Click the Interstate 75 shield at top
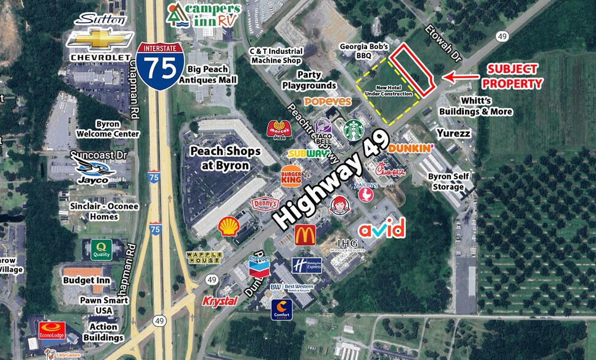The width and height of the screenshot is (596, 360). tap(161, 66)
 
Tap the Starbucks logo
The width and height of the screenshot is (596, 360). tap(353, 130)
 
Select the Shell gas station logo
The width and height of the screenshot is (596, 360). tap(229, 226)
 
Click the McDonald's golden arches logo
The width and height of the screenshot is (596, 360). tap(305, 234)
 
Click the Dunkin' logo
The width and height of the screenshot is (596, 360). tap(411, 148)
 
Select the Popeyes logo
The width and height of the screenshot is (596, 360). tap(327, 101)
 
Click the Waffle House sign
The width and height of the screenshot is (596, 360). tap(203, 257)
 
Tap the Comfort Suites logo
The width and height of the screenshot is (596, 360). tap(282, 309)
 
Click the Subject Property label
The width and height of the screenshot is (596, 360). tap(512, 77)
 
